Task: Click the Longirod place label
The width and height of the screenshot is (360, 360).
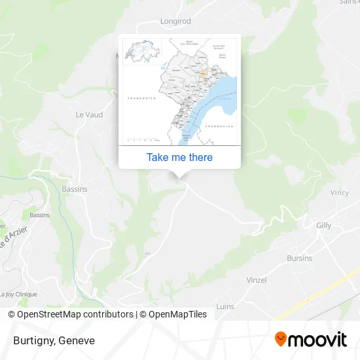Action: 175,21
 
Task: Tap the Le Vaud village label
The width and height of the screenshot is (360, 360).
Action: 89,115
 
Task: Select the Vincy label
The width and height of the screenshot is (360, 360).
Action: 340,193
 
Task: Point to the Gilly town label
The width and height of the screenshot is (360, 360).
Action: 323,225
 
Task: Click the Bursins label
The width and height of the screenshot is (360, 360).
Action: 299,258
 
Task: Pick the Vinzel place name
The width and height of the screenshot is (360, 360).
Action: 256,280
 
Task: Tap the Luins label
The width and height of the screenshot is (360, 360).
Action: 225,306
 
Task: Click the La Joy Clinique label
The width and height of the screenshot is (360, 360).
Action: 18,295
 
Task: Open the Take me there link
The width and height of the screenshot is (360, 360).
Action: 179,157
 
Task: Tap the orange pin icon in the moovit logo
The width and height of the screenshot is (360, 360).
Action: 281,339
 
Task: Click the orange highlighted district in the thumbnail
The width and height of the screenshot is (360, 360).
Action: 204,74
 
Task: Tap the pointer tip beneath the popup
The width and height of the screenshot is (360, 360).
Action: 180,175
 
